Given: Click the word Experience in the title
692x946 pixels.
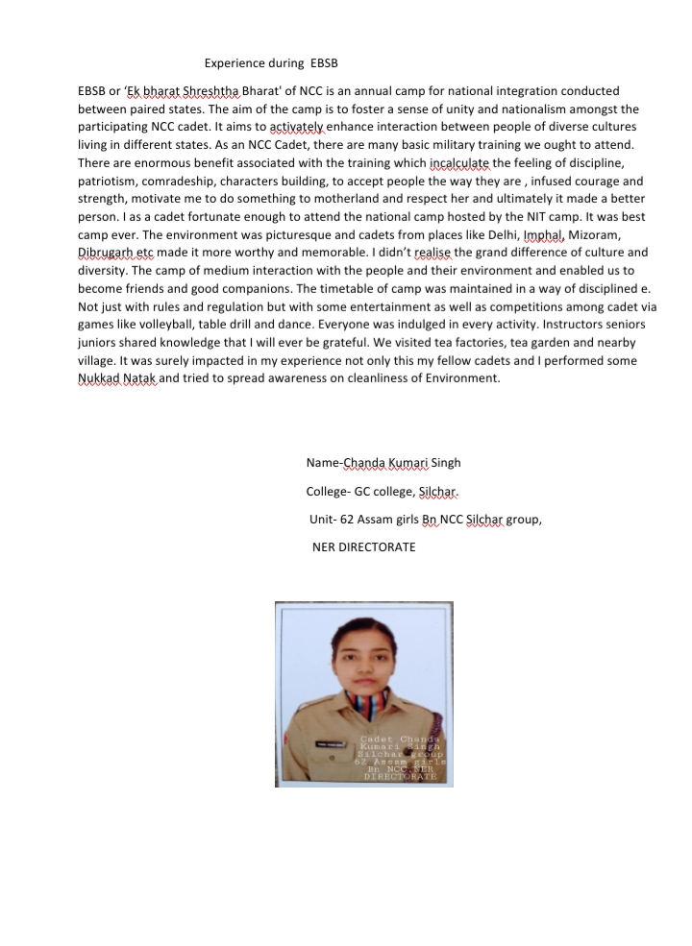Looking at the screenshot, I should point(232,63).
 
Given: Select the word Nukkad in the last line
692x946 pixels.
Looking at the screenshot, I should point(97,378).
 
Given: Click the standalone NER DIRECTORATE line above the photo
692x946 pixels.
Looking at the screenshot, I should point(363,546).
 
